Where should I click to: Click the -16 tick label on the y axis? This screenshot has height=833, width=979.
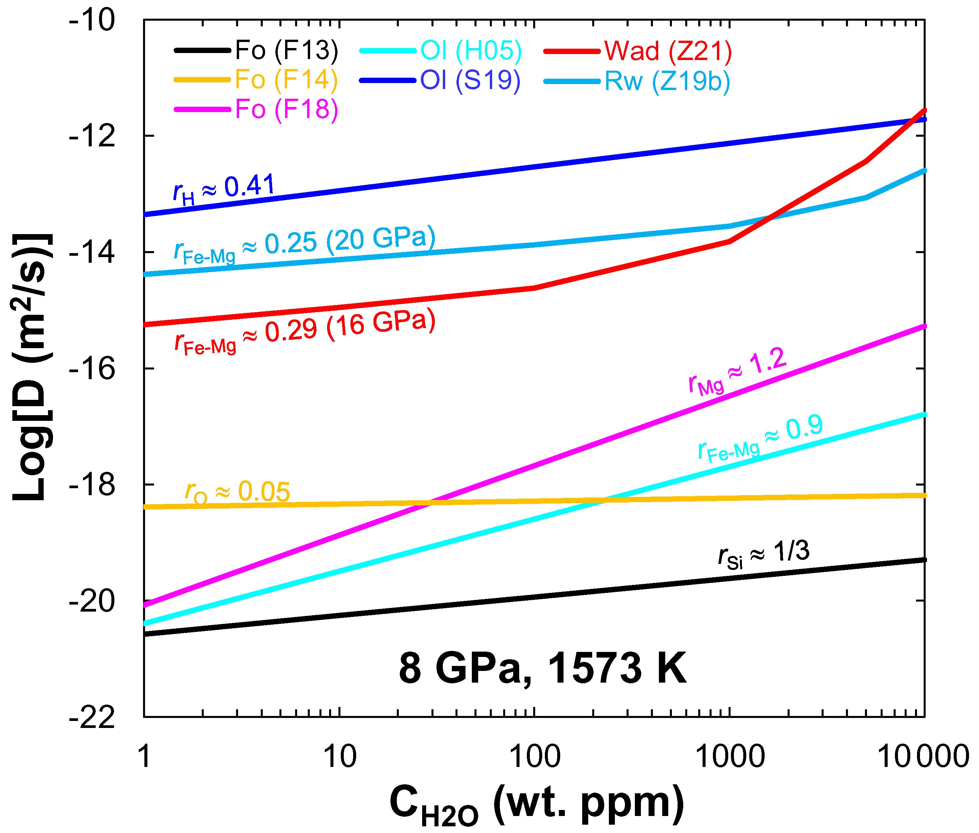pos(92,368)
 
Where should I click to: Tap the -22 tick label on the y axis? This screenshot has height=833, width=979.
pos(92,717)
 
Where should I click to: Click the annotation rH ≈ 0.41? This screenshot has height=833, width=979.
pos(224,189)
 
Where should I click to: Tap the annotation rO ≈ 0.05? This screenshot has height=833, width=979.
pos(237,493)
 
